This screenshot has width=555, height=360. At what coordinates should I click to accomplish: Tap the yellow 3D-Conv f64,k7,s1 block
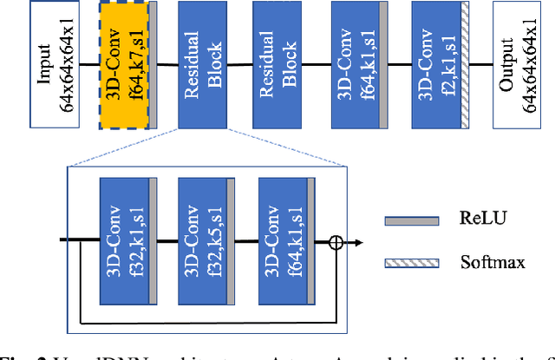click(124, 64)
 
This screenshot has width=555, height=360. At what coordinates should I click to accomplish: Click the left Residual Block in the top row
click(204, 64)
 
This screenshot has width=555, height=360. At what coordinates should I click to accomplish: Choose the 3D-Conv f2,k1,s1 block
click(435, 64)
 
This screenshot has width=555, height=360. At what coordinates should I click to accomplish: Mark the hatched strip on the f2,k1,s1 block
click(465, 64)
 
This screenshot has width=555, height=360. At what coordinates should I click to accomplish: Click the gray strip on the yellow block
click(153, 64)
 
